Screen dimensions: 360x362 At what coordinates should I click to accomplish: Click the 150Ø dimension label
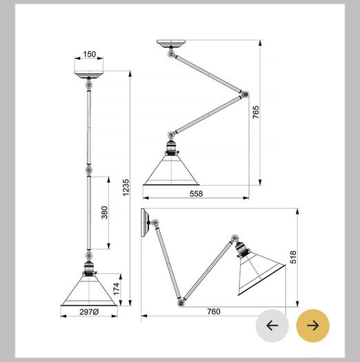pos(90,54)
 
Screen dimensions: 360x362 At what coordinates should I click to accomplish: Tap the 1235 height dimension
pos(126,188)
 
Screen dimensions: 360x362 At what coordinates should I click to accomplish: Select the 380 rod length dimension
pos(105,212)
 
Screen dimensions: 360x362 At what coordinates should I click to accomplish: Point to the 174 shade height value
pos(117,289)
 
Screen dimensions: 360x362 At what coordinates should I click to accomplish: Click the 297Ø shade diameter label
pos(89,312)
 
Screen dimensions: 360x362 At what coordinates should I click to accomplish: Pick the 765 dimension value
pos(256,112)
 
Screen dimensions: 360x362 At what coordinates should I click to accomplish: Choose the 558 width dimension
pos(197,194)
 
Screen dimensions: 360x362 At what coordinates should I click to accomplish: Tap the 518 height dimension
pos(293,257)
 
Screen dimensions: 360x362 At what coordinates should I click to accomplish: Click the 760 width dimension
pos(214,312)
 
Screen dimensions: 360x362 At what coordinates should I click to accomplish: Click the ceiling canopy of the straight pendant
pos(89,74)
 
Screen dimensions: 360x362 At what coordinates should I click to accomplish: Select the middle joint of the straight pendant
pos(89,170)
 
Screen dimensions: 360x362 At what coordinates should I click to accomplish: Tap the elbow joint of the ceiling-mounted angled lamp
pos(245,94)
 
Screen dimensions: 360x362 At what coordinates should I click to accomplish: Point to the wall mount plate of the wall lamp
pos(145,223)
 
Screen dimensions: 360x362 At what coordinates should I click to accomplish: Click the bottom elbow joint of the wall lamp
pos(181,303)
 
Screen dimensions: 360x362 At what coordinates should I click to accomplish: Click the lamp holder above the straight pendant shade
pos(89,268)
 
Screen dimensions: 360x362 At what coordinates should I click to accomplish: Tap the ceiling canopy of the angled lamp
pos(171,43)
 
